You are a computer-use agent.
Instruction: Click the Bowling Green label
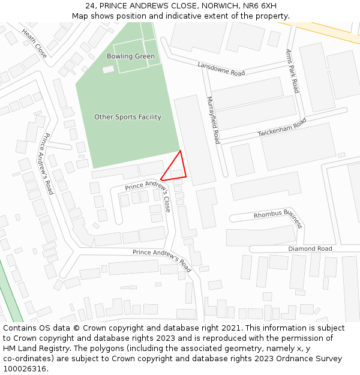click(x=131, y=56)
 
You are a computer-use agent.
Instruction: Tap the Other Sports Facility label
click(x=128, y=117)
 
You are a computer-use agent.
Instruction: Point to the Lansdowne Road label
click(x=221, y=69)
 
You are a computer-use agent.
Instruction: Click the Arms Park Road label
click(x=292, y=71)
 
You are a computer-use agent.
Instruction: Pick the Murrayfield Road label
click(x=214, y=120)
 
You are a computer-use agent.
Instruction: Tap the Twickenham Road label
click(x=282, y=128)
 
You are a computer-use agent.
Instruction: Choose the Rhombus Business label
click(x=278, y=218)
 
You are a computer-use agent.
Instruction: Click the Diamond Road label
click(x=310, y=248)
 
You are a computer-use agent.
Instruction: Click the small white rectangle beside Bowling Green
click(x=108, y=70)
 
